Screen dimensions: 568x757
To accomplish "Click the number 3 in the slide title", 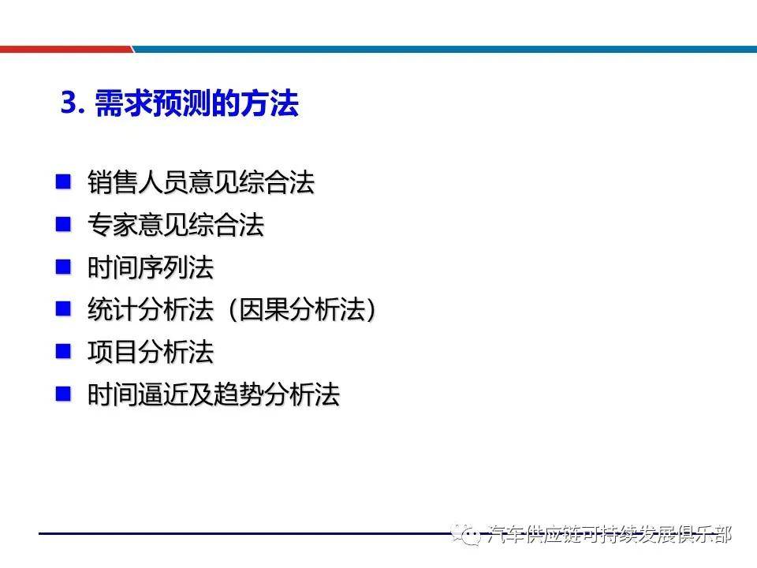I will click(69, 103).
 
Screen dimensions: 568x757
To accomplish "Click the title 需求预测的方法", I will click(196, 103).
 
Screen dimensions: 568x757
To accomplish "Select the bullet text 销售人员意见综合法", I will click(201, 183).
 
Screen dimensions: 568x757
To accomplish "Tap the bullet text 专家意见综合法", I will click(176, 226).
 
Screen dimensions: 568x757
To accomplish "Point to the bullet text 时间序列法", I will click(151, 268).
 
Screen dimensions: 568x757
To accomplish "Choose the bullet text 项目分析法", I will click(151, 352).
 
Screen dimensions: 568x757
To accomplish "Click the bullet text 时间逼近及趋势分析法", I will click(214, 394).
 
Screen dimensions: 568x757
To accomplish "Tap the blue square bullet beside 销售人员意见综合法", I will click(63, 181).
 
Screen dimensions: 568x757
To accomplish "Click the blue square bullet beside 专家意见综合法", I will click(63, 224).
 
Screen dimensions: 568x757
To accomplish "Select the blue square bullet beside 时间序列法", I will click(63, 267).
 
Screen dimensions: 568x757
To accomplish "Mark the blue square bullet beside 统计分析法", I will click(63, 308).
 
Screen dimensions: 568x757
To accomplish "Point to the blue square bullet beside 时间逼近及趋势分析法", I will click(63, 393).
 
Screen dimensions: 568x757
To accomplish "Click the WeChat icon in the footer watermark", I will click(468, 536).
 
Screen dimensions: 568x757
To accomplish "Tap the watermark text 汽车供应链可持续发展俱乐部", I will click(610, 535).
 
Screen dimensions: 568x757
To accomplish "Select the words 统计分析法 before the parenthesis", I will click(151, 310).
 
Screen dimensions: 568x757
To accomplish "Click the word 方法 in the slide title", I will click(273, 103).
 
